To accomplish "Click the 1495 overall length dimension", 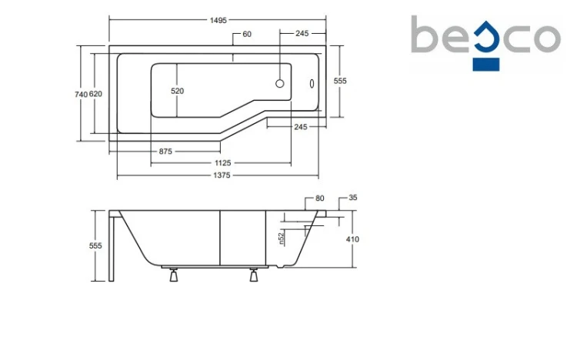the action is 218,20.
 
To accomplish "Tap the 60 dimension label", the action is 247,35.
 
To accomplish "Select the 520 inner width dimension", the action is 177,91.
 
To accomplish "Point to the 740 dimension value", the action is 81,95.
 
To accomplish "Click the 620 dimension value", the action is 95,94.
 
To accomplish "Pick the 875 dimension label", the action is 165,152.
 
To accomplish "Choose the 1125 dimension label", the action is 223,163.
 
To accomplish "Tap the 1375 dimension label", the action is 222,175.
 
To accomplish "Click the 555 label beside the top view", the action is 340,81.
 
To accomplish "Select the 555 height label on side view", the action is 95,245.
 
